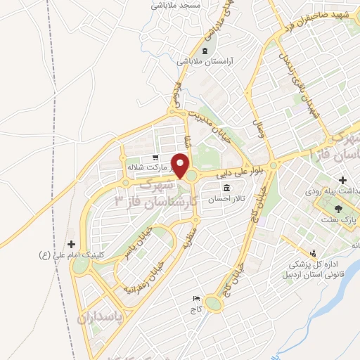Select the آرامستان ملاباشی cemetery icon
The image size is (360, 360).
(205, 51)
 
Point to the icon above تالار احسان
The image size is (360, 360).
(226, 188)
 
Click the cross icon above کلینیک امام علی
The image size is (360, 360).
(70, 243)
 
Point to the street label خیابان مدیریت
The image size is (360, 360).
(213, 120)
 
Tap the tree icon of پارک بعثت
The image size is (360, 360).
(339, 209)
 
